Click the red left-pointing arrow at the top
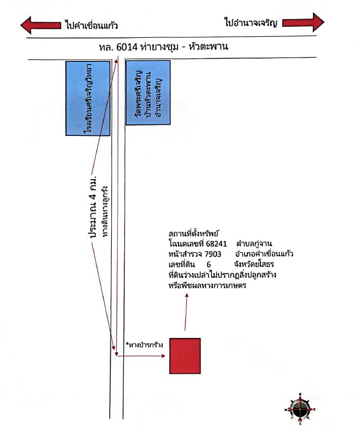[x=41, y=25]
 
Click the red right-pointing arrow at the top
[x=303, y=22]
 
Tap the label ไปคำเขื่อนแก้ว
[x=92, y=25]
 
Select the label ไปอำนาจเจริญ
[x=250, y=22]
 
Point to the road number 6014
[x=127, y=47]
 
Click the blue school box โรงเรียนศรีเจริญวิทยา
[x=88, y=99]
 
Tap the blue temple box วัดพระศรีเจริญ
[x=148, y=93]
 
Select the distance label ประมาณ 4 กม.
[x=93, y=206]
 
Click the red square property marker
[x=185, y=356]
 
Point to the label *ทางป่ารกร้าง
[x=144, y=345]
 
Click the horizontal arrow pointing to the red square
[x=141, y=356]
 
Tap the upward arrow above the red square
[x=186, y=312]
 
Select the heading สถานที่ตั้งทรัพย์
[x=194, y=233]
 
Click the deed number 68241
[x=216, y=244]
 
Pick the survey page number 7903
[x=213, y=254]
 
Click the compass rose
[x=300, y=409]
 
